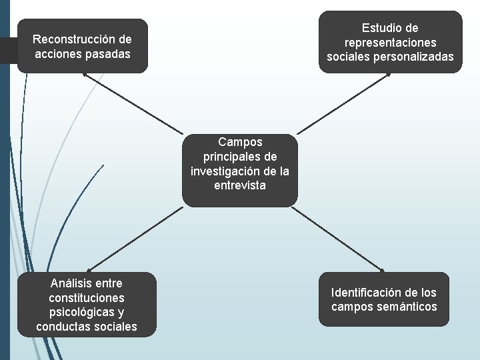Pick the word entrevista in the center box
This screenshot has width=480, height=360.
[x=240, y=185]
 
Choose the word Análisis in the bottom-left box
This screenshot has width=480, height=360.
[x=70, y=283]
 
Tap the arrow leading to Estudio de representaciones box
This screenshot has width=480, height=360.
[x=344, y=103]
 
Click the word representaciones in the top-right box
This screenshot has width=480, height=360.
[x=390, y=43]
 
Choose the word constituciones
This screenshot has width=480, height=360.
[x=87, y=298]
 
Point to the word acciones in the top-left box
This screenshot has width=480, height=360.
[x=60, y=54]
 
